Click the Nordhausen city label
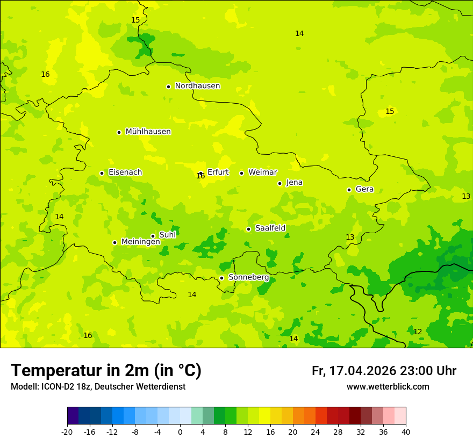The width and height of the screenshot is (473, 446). (x=197, y=86)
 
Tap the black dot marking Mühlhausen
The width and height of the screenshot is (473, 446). (x=119, y=132)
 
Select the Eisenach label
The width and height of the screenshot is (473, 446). (x=125, y=172)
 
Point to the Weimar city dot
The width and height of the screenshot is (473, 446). (x=241, y=173)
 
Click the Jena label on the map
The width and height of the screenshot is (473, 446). (x=295, y=183)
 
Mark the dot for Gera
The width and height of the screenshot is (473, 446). (x=349, y=190)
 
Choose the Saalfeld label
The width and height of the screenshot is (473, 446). (x=270, y=228)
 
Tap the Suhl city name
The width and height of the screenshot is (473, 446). (x=168, y=235)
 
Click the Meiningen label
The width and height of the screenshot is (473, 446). (x=141, y=242)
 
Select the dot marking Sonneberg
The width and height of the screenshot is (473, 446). (x=221, y=278)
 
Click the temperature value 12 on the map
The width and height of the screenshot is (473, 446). (x=418, y=332)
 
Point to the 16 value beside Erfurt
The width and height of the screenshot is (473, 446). (x=200, y=176)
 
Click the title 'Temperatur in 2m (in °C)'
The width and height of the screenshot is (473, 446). (x=106, y=371)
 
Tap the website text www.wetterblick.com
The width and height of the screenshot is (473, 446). (x=388, y=387)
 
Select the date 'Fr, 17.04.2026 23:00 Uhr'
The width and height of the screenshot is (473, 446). (x=384, y=371)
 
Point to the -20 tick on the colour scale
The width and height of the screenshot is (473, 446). (x=67, y=431)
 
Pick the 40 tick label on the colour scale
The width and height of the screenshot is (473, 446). (x=406, y=431)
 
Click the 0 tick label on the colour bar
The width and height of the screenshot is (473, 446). (x=180, y=431)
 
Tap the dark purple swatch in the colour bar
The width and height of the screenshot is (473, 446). (x=73, y=416)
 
